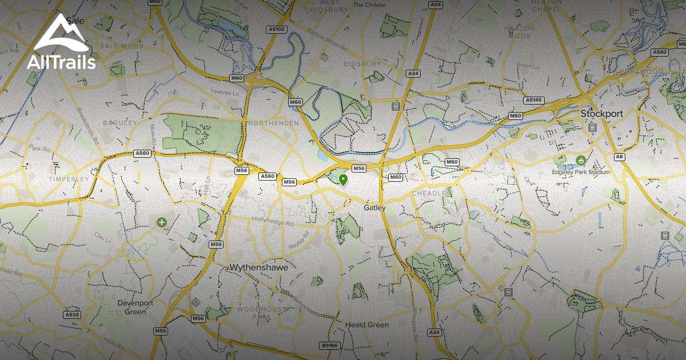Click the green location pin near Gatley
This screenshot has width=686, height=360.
click(x=343, y=180)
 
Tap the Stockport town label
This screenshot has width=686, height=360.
click(x=601, y=114)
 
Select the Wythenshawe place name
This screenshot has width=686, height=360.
click(x=258, y=267)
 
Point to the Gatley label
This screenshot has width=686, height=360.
click(x=374, y=208)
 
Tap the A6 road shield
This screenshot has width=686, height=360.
click(x=619, y=157)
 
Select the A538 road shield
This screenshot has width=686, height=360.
click(x=72, y=315)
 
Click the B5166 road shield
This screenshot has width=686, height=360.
click(x=329, y=346)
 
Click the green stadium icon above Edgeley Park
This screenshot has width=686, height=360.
click(x=581, y=161)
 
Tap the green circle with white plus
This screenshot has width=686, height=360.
click(x=162, y=222)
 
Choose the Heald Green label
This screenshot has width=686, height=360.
click(x=367, y=325)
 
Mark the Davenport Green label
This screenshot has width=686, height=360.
click(x=131, y=307)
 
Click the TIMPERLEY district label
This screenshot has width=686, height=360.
click(x=69, y=179)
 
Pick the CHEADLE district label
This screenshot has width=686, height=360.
click(x=428, y=194)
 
